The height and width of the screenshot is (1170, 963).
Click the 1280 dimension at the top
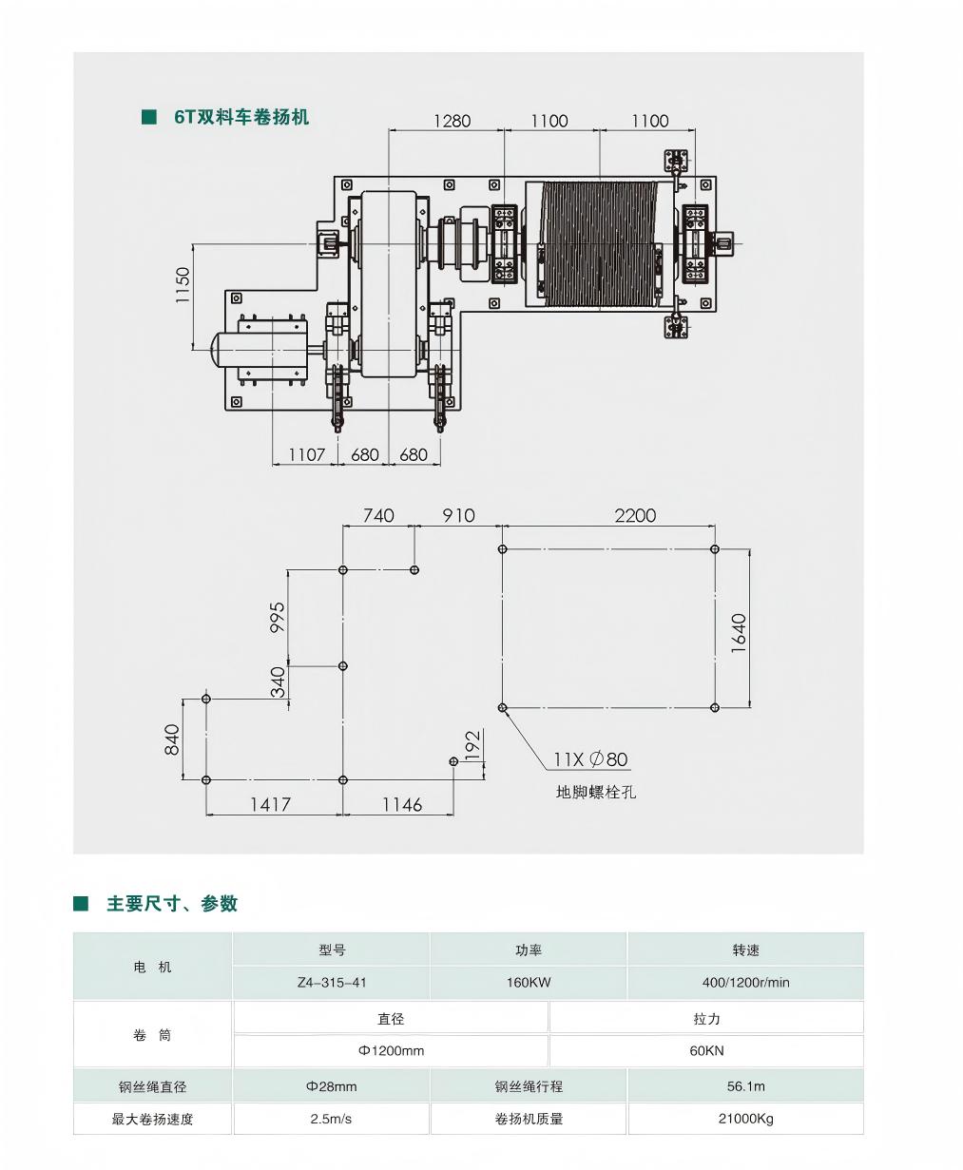(453, 121)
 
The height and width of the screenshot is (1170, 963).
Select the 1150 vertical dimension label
(183, 285)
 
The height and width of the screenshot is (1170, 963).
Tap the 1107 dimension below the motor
(307, 455)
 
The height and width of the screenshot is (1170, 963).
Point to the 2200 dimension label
(635, 515)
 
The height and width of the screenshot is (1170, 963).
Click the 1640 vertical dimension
(740, 633)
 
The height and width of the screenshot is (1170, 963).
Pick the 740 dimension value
(378, 515)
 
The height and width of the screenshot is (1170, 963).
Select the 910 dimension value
(458, 515)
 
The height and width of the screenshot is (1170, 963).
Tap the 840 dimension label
(172, 739)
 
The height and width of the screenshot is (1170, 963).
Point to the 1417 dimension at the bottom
(271, 805)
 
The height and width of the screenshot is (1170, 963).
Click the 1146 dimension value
(402, 805)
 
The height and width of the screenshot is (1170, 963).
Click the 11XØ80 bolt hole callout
(591, 759)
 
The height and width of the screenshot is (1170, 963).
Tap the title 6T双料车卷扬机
(241, 117)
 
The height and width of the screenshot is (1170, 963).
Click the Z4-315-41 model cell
(332, 983)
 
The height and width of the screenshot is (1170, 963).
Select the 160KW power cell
(529, 983)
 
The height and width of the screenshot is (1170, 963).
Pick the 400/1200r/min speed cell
(745, 983)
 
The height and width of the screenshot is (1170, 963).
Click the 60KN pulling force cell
(706, 1051)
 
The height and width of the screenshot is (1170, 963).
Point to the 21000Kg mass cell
(745, 1119)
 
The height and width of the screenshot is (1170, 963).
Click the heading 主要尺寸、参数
(172, 904)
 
